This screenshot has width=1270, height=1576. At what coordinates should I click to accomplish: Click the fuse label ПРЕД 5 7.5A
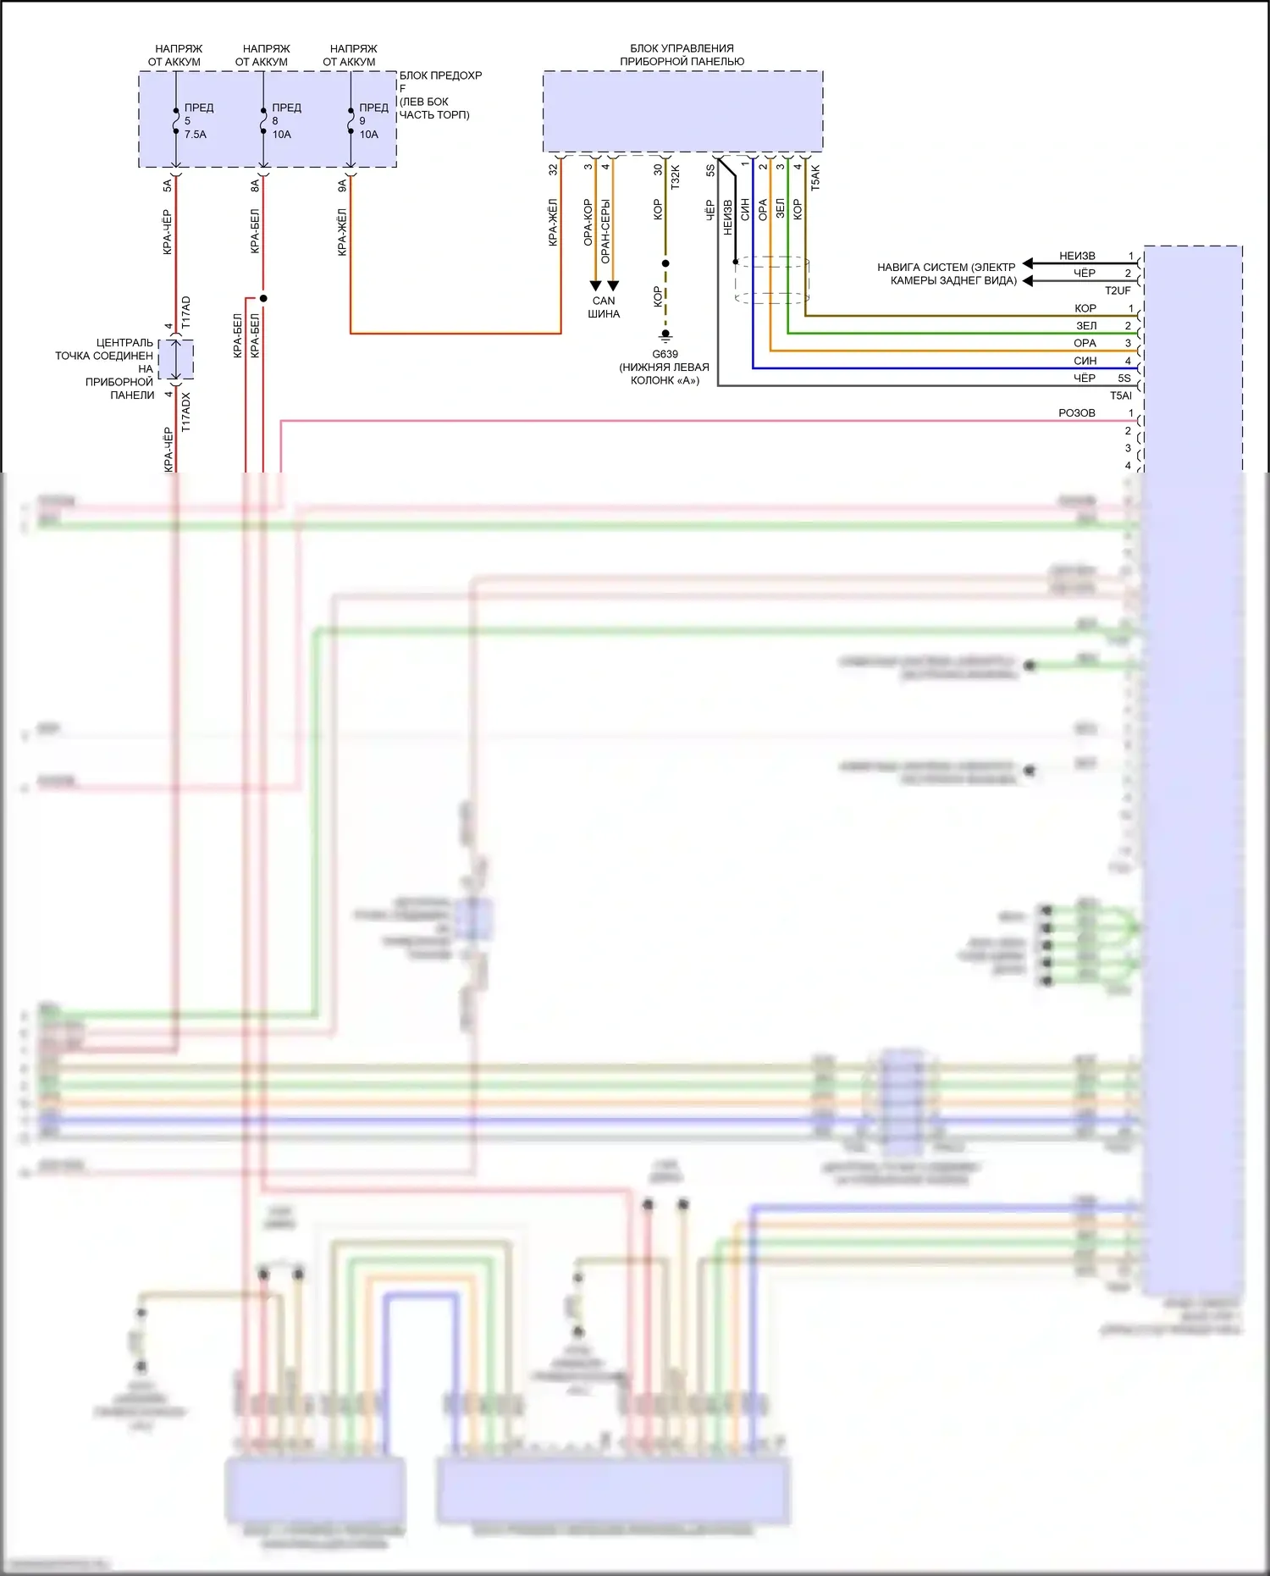click(x=196, y=121)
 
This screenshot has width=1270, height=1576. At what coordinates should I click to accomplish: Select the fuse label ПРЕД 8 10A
click(x=284, y=121)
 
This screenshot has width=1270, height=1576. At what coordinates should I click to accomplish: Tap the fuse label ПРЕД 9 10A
click(x=372, y=121)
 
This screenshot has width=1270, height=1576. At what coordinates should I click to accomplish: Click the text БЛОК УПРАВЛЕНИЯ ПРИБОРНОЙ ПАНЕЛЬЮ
click(x=682, y=55)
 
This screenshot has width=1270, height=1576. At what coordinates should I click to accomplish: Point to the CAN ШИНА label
click(x=604, y=307)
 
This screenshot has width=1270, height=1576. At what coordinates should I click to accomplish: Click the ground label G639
click(x=665, y=354)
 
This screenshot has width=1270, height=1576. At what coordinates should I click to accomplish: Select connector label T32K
click(x=675, y=177)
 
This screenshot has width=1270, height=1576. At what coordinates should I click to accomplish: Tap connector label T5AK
click(x=815, y=177)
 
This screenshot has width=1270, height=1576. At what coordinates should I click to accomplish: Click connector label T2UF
click(x=1118, y=290)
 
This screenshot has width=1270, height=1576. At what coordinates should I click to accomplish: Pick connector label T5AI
click(x=1120, y=395)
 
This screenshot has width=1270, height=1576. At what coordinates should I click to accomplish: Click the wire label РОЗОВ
click(x=1077, y=413)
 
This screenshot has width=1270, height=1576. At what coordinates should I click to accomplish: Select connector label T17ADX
click(x=186, y=412)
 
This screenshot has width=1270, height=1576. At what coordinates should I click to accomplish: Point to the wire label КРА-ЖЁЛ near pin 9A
click(x=342, y=232)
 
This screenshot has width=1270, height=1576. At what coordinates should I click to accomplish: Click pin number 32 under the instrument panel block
click(x=554, y=169)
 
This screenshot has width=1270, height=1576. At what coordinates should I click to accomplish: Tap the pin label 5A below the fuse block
click(x=168, y=185)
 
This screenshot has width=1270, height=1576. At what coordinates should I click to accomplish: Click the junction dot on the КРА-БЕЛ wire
click(x=263, y=298)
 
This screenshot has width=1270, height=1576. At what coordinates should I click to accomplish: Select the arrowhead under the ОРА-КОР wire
click(x=595, y=285)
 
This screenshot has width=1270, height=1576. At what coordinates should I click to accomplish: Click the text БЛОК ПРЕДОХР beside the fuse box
click(x=440, y=75)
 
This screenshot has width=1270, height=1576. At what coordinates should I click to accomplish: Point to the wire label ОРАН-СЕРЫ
click(x=605, y=230)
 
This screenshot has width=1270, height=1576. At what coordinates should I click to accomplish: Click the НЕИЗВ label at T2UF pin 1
click(x=1077, y=256)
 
